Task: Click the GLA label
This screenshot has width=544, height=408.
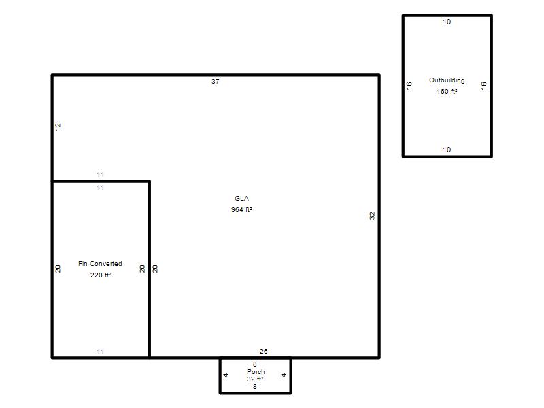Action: pyautogui.click(x=241, y=199)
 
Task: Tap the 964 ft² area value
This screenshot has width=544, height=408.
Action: pyautogui.click(x=241, y=210)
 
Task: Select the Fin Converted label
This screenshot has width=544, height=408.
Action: pyautogui.click(x=100, y=264)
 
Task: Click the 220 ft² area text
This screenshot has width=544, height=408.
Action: pyautogui.click(x=101, y=275)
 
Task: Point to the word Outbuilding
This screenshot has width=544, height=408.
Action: pyautogui.click(x=447, y=80)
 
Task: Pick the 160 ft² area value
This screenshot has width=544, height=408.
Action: pyautogui.click(x=447, y=92)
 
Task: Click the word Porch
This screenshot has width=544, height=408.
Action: pyautogui.click(x=256, y=371)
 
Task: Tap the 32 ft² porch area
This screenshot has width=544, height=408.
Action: pyautogui.click(x=256, y=379)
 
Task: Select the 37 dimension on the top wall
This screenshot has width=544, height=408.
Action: pyautogui.click(x=216, y=81)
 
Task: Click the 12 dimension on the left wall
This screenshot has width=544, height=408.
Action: pyautogui.click(x=58, y=126)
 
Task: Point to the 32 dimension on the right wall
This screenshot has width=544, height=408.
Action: pyautogui.click(x=372, y=216)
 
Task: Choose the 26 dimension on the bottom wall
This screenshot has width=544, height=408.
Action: pyautogui.click(x=264, y=351)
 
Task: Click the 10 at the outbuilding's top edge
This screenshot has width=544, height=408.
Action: pyautogui.click(x=447, y=22)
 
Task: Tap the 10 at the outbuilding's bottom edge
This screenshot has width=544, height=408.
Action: pyautogui.click(x=447, y=150)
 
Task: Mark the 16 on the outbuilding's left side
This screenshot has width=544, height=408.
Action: pyautogui.click(x=409, y=86)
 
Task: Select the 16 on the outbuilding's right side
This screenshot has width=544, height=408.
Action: pyautogui.click(x=484, y=86)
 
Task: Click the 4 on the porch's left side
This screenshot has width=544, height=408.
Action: pyautogui.click(x=226, y=375)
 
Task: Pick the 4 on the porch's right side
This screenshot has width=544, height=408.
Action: pyautogui.click(x=284, y=375)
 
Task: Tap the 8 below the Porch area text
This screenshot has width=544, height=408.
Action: pyautogui.click(x=255, y=386)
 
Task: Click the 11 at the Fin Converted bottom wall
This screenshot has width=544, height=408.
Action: pyautogui.click(x=101, y=351)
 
